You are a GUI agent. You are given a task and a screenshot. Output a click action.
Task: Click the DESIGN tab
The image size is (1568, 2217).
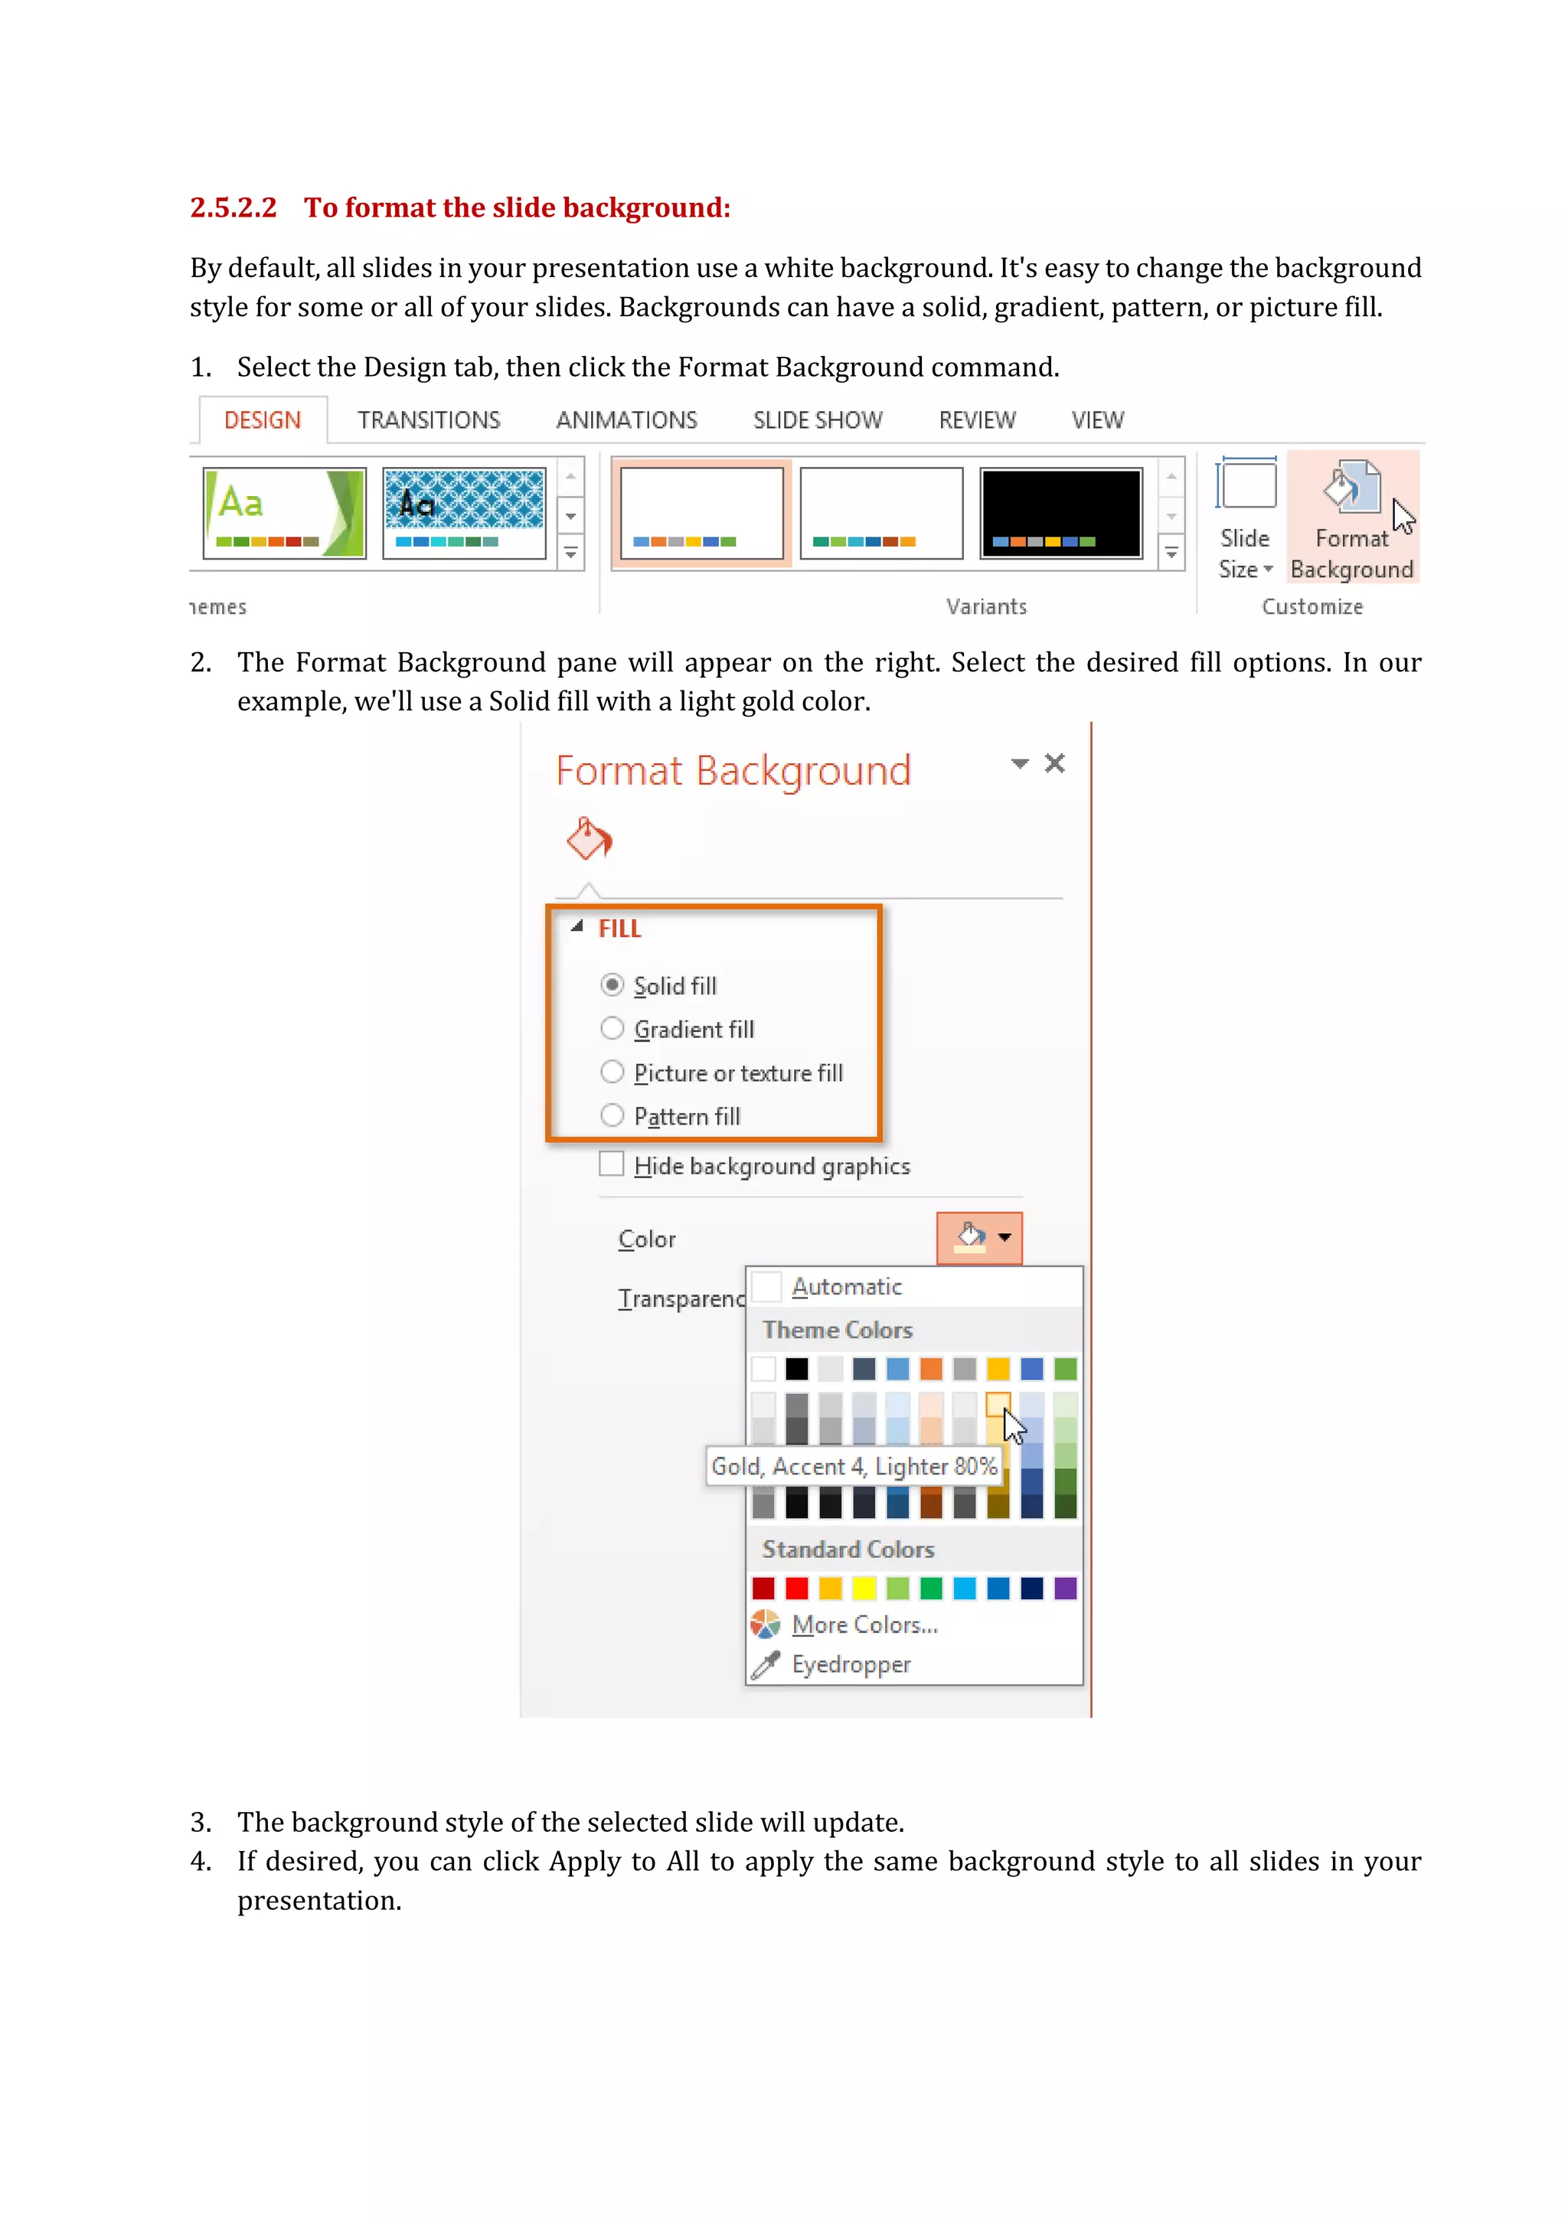263,420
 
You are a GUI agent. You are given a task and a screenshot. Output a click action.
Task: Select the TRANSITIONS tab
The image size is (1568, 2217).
429,420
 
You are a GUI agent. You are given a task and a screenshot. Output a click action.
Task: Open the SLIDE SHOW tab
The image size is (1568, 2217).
817,420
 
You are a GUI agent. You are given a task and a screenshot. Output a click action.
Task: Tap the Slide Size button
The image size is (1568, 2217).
1246,518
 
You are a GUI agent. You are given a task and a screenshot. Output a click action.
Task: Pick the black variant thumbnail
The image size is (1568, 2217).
1060,513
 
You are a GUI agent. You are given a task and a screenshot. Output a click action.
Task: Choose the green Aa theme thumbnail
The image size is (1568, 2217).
284,513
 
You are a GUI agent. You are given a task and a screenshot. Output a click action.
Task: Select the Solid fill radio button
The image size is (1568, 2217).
612,985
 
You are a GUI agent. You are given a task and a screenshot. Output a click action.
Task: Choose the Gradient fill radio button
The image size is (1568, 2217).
612,1028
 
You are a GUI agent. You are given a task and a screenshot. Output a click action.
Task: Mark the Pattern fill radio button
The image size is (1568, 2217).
612,1115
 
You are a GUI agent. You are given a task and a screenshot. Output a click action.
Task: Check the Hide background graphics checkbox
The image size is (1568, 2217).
611,1164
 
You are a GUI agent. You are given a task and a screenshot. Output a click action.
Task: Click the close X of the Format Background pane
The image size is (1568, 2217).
1054,764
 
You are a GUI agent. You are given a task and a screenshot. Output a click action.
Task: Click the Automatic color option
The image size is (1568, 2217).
846,1287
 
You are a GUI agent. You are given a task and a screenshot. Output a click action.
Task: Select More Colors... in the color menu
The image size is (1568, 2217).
864,1625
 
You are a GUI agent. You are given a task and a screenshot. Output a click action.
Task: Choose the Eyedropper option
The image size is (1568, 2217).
851,1665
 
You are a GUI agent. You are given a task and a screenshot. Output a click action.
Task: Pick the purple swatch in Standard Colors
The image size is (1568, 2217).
1065,1588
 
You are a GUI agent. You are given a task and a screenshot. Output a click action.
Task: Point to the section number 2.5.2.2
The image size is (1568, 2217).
234,207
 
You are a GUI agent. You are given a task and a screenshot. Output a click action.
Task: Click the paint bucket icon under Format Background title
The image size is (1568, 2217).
589,838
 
